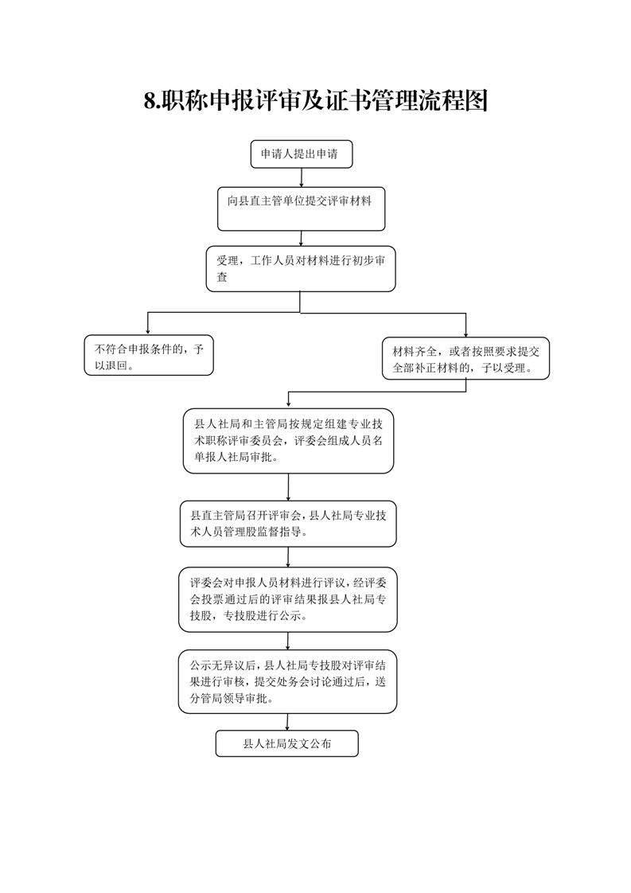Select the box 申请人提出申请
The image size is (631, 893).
coord(302,154)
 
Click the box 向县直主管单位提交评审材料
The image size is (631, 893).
coord(302,209)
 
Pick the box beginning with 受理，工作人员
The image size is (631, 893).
coord(301,269)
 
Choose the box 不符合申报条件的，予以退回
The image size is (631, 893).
coord(149,356)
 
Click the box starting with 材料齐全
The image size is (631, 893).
coord(465,358)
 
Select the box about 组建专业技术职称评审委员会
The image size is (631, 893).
coord(288,441)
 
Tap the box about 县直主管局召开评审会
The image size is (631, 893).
coord(288,524)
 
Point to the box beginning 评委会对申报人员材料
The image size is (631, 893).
coord(287,599)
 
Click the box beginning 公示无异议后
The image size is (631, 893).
coord(287,682)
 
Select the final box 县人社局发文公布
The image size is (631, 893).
coord(287,744)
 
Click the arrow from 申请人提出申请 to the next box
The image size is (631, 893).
coord(302,177)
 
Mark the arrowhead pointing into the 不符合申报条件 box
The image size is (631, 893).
coord(148,331)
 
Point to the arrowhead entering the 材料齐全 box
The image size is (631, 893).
coord(465,333)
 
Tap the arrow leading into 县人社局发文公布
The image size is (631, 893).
coord(287,722)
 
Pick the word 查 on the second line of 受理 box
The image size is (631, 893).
coord(222,277)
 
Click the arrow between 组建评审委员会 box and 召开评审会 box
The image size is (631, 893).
coord(288,488)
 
